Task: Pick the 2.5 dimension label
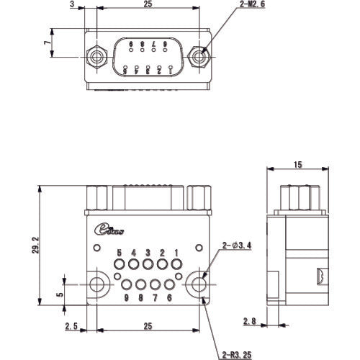click(x=71, y=327)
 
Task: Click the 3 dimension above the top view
click(x=73, y=4)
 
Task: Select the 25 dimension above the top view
click(x=148, y=4)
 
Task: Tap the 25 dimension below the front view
click(x=148, y=327)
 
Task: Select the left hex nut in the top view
click(x=95, y=55)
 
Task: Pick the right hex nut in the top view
click(x=201, y=55)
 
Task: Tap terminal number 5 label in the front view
click(x=120, y=253)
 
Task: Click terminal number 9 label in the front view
click(x=126, y=297)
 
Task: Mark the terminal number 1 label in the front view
click(x=176, y=253)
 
